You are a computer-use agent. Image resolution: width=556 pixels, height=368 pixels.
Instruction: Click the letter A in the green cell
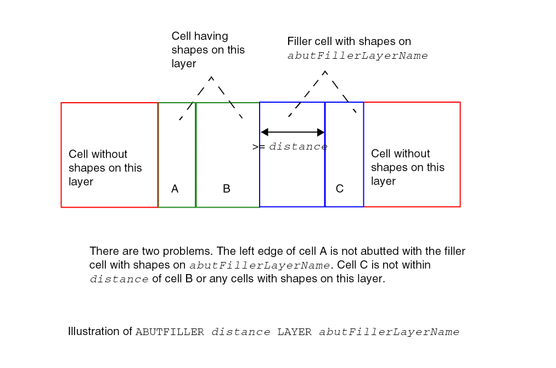point(175,189)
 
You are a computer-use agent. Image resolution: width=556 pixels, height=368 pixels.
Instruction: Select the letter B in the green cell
point(227,188)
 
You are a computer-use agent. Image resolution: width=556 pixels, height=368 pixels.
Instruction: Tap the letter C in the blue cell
point(340,188)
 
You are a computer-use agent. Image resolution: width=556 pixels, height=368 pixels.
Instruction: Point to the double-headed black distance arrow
point(293,132)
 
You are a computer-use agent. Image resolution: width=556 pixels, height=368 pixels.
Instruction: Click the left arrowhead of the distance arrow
point(264,132)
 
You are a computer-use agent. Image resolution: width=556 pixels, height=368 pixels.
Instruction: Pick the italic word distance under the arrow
point(298,147)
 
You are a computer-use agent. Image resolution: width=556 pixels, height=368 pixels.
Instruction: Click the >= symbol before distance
point(259,147)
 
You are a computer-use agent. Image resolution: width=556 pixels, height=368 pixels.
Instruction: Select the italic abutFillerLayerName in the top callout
point(357,55)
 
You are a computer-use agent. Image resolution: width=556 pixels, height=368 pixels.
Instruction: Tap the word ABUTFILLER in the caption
point(170,332)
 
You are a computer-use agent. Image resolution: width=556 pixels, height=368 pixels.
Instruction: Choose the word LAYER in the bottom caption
point(294,332)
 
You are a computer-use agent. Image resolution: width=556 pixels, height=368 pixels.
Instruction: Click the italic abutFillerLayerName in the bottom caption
point(389,332)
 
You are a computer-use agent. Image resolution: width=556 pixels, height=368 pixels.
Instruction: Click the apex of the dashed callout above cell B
point(211,77)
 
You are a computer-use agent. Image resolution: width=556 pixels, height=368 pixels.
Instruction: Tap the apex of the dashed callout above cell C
point(325,72)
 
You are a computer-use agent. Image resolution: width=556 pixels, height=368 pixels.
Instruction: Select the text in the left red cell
point(105,168)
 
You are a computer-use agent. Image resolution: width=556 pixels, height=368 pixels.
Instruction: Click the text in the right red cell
point(407,167)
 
